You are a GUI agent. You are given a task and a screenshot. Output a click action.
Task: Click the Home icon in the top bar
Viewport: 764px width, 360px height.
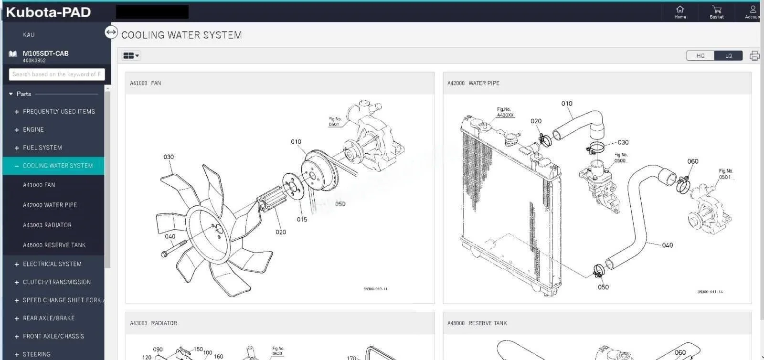pos(680,10)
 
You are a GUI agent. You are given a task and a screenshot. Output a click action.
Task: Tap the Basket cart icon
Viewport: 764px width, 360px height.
pos(716,10)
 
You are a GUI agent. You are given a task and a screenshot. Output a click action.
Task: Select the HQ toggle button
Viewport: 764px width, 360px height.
pos(700,56)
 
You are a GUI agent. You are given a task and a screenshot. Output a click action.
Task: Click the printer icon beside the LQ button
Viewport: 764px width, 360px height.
pos(754,56)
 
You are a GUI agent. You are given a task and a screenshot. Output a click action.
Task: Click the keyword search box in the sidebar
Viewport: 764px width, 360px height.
pos(56,74)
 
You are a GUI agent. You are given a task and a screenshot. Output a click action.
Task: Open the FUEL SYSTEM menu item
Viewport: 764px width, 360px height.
pos(42,148)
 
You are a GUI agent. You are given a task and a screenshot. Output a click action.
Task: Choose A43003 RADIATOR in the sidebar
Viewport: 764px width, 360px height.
pos(47,225)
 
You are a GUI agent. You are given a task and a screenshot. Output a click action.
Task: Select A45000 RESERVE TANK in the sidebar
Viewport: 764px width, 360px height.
pos(54,245)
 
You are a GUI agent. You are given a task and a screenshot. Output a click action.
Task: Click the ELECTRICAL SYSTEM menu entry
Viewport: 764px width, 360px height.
pos(52,264)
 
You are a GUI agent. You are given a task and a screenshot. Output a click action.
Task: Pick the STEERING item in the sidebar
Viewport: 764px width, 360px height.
pos(37,354)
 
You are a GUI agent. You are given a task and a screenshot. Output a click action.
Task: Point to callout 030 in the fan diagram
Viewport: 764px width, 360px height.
pos(169,157)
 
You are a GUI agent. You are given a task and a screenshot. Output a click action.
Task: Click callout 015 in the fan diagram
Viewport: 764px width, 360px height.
pos(302,220)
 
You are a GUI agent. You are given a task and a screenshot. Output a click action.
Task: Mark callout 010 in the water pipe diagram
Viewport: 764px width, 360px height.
pos(567,104)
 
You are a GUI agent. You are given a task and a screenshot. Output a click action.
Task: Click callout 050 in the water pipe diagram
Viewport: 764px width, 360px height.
pos(603,287)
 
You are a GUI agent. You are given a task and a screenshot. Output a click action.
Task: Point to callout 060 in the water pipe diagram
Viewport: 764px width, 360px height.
pos(693,161)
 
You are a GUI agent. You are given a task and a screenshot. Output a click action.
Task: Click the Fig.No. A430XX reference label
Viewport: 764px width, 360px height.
pos(505,112)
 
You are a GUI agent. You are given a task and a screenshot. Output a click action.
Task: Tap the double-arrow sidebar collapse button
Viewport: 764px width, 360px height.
pos(111,32)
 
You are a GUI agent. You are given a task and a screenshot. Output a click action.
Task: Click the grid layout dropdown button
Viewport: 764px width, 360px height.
pos(131,56)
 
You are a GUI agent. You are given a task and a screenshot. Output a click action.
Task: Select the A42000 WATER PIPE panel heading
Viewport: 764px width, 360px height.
pos(473,83)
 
